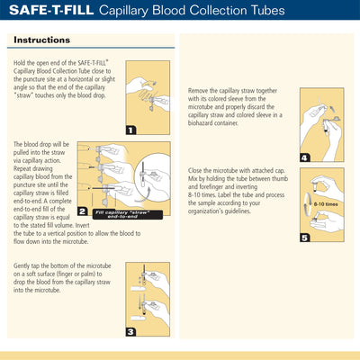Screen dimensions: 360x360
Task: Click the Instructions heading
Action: coord(40,40)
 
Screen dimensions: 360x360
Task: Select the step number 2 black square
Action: coord(83,213)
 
